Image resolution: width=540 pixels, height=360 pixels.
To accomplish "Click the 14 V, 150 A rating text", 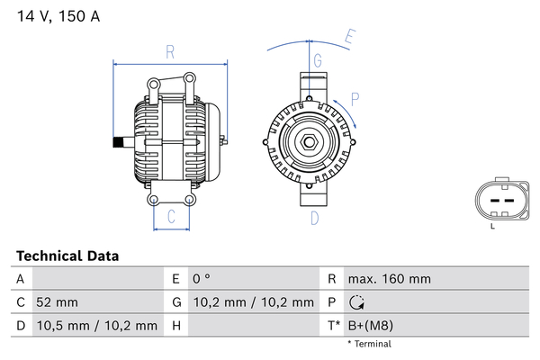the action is [x=58, y=16].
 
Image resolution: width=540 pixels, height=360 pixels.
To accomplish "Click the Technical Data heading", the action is [x=67, y=256].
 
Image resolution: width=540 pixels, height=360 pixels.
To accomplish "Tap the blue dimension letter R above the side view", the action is [x=170, y=52].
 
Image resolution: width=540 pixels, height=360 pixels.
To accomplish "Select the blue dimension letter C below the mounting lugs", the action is [x=171, y=216].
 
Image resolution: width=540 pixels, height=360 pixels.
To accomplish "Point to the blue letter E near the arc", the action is [x=350, y=37].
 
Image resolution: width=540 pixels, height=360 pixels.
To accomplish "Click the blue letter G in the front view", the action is [x=318, y=60].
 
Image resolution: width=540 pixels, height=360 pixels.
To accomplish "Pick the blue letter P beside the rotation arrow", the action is [x=355, y=99].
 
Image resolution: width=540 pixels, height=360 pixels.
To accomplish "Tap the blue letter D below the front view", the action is [x=315, y=218].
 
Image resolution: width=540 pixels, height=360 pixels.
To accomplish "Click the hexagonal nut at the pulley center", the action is [x=309, y=142].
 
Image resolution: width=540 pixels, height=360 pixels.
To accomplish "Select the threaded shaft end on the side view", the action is [x=118, y=142].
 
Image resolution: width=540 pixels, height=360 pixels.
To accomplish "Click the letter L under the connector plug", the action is [x=492, y=226].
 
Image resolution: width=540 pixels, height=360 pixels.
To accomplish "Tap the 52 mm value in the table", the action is [x=58, y=302].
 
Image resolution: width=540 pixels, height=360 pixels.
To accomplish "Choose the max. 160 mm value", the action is [x=390, y=279].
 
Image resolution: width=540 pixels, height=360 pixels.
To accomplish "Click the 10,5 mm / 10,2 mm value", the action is [x=97, y=326].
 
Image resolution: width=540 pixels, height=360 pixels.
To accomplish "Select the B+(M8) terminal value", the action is [x=371, y=326].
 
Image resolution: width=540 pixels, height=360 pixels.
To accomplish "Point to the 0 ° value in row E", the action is [x=202, y=279].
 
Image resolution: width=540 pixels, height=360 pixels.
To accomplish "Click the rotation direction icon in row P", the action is [x=356, y=302].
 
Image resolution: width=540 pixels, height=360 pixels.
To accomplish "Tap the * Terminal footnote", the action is [x=370, y=344].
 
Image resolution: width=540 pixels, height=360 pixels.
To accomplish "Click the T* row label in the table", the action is [x=333, y=326].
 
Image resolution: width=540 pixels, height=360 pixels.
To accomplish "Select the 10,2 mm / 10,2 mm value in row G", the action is [x=254, y=302].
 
